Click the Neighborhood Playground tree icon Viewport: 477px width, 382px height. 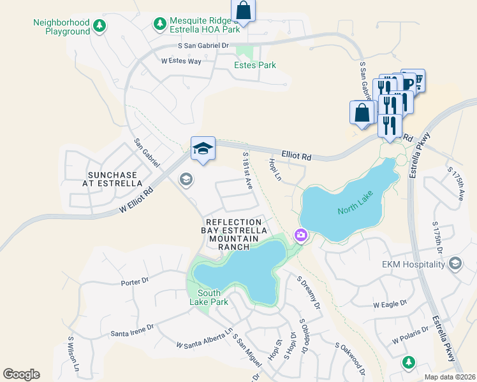click(99, 26)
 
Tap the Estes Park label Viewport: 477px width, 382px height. click(255, 65)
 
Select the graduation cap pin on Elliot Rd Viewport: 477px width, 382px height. click(203, 149)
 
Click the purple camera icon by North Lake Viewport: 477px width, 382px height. click(300, 236)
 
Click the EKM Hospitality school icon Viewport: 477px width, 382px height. click(455, 264)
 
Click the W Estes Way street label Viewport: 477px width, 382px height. click(181, 61)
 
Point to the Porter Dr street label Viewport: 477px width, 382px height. click(134, 281)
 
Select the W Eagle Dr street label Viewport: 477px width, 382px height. click(389, 305)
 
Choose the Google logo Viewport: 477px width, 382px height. click(21, 374)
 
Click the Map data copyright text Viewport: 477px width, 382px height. click(450, 377)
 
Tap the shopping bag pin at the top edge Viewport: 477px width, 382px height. click(243, 10)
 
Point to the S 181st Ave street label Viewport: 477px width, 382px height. click(249, 170)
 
